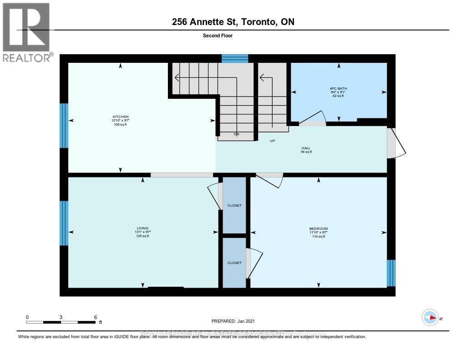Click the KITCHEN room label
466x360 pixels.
point(121,117)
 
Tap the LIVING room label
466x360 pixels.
point(143,228)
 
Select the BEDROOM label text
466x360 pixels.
point(318,228)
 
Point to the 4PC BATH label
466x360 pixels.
point(339,88)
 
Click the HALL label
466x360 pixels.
point(306,148)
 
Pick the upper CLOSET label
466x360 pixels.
point(234,206)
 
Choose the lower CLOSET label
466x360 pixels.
point(234,263)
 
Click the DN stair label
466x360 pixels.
point(236,134)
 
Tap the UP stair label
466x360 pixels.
point(273,141)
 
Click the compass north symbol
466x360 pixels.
point(430,318)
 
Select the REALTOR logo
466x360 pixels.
point(27,32)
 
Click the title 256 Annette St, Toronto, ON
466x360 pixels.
point(233,22)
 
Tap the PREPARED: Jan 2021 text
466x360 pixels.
point(236,321)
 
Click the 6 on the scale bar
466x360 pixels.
point(95,317)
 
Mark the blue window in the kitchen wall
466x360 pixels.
point(64,126)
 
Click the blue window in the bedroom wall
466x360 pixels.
point(391,273)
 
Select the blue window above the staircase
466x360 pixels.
point(235,58)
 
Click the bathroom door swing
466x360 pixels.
point(314,117)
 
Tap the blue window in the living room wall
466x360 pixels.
point(64,223)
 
